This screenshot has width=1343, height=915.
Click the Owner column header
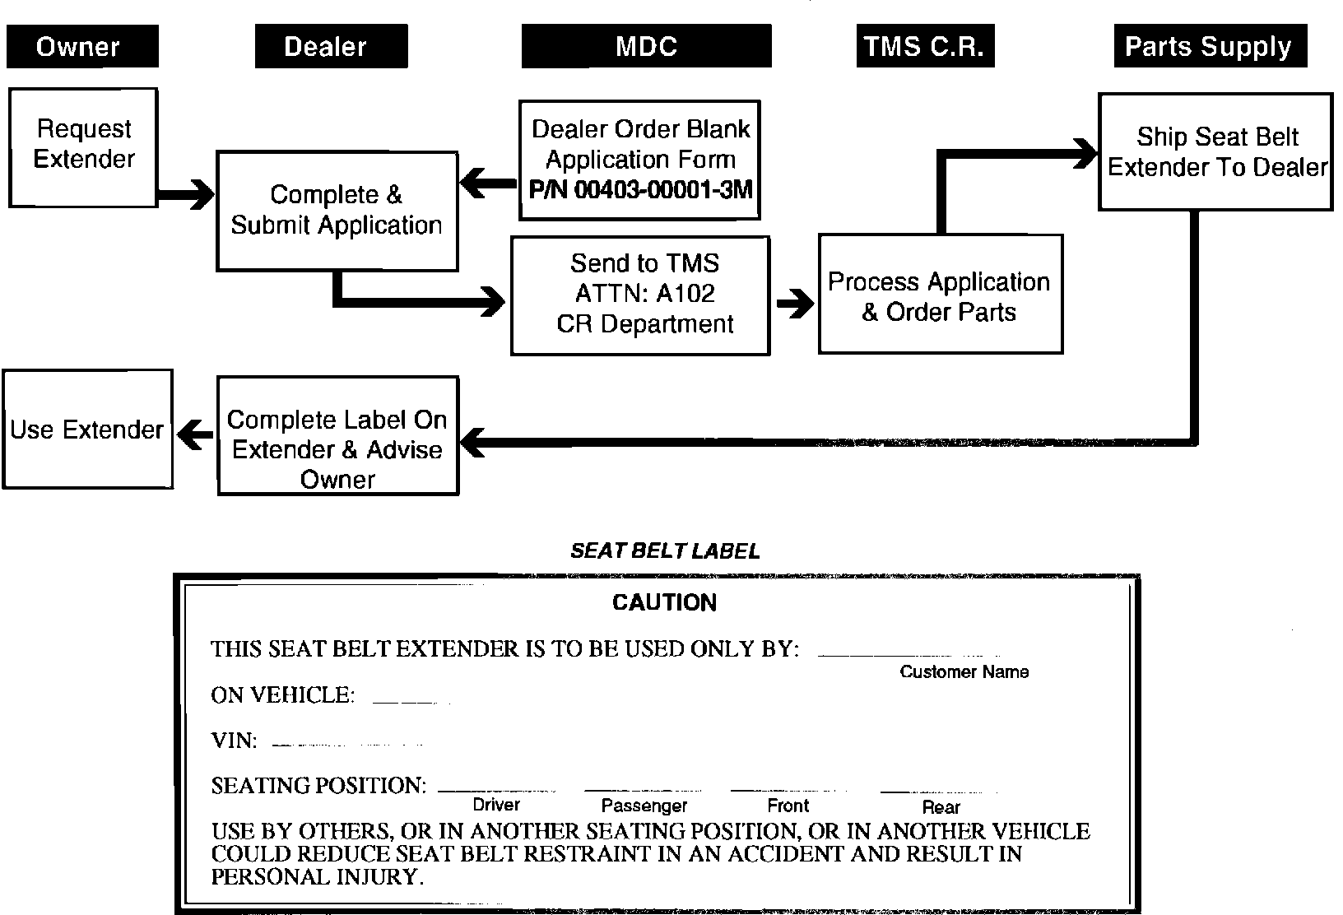[x=82, y=46]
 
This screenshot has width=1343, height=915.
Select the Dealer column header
[x=331, y=46]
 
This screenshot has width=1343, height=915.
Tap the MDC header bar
[x=647, y=46]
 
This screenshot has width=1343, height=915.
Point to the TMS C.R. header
[x=925, y=46]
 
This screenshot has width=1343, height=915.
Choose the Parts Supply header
[x=1210, y=46]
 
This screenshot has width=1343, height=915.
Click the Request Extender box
[x=83, y=146]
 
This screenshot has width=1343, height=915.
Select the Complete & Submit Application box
[x=337, y=211]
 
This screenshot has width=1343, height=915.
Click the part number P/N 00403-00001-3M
[x=640, y=190]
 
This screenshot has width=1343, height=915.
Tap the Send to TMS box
[x=640, y=295]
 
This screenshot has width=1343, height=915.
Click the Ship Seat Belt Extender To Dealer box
[x=1215, y=151]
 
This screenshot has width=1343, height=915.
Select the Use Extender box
[x=87, y=429]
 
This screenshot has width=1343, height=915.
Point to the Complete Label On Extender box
[x=337, y=435]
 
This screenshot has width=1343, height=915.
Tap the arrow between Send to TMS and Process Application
[x=794, y=303]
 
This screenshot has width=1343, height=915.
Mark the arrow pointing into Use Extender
[x=195, y=434]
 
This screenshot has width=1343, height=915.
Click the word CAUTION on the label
[x=664, y=603]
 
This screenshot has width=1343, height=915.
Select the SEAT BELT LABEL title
[x=665, y=551]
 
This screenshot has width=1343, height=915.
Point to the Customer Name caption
[x=964, y=671]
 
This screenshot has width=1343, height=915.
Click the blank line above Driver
[x=496, y=790]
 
